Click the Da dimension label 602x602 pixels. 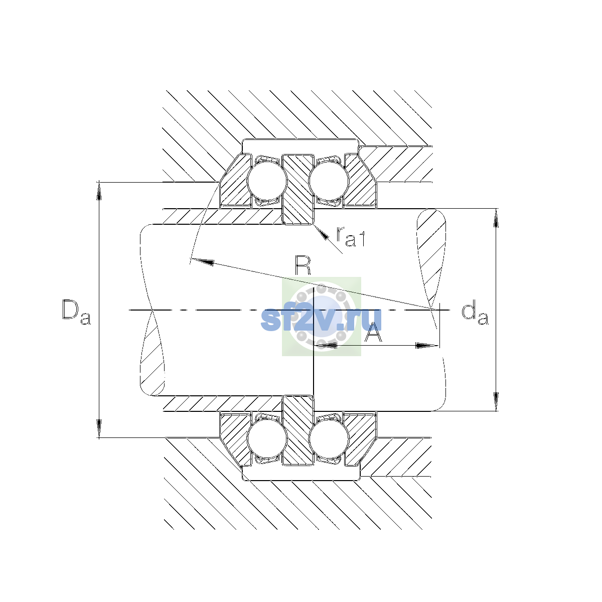(x=77, y=312)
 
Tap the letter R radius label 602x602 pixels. (x=303, y=265)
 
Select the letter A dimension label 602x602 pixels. (x=373, y=332)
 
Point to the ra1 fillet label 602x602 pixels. (x=350, y=236)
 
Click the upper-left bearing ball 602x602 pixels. (x=267, y=181)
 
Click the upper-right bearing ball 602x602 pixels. (x=329, y=181)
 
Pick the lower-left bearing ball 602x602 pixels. (x=267, y=438)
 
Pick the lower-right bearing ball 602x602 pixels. (x=329, y=438)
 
